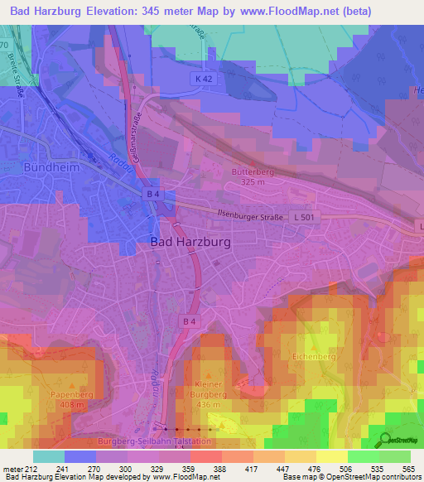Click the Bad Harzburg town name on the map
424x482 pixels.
191,241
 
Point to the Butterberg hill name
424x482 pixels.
248,171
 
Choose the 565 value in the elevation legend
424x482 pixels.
408,469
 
